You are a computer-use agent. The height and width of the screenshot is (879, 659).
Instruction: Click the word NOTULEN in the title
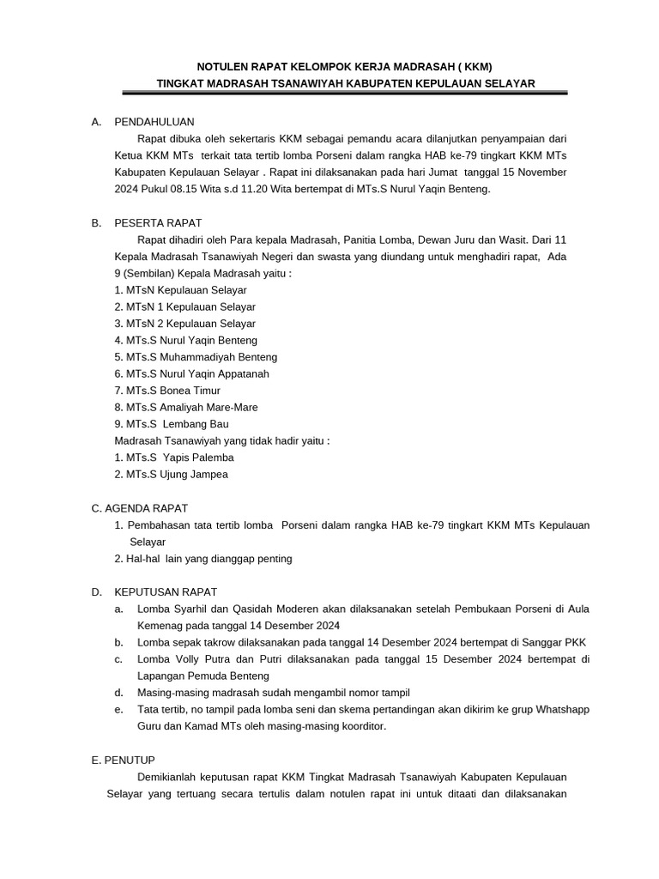(222, 66)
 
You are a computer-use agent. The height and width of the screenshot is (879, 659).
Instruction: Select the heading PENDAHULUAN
(154, 122)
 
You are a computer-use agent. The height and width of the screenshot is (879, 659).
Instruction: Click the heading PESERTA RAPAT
(158, 223)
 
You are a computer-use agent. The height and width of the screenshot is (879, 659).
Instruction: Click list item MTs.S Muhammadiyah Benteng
(196, 357)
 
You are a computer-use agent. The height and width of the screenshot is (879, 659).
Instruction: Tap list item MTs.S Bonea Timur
(167, 391)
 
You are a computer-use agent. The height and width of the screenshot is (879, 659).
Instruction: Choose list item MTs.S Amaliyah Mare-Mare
(186, 407)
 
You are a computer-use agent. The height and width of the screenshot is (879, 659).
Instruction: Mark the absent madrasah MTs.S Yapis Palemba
(174, 458)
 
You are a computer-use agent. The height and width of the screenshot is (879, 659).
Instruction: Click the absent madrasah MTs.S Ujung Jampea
(172, 474)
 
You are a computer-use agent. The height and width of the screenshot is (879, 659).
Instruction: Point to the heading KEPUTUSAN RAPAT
(166, 592)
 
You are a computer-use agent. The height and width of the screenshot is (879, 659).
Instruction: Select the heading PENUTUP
(130, 760)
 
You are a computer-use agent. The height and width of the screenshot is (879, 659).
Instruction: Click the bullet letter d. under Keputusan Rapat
(118, 692)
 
